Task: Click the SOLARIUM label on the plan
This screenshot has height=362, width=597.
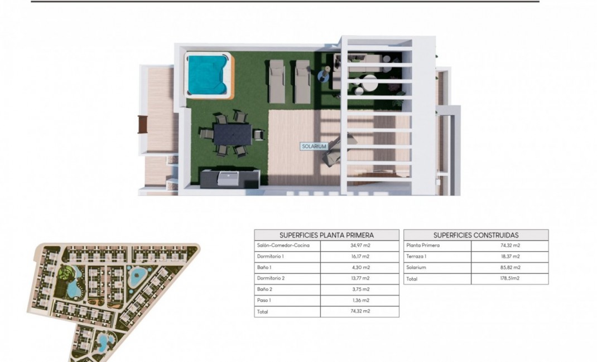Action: (314, 146)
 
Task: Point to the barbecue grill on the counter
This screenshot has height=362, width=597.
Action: (229, 178)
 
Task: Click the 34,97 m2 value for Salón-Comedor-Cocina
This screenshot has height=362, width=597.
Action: (359, 246)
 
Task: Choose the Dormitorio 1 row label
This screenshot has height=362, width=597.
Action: (271, 257)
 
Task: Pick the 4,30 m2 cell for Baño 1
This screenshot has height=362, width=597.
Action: (359, 267)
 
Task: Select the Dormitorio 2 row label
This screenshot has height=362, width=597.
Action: (272, 278)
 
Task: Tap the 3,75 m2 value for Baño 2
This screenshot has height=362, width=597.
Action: (359, 290)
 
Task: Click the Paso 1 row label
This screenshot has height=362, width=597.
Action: (264, 301)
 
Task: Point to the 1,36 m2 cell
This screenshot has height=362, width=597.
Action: (359, 301)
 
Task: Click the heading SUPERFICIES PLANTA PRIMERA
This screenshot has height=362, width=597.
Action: (326, 235)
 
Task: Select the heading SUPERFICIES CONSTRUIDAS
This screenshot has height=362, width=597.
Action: (476, 235)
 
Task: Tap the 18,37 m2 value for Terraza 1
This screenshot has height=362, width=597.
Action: (509, 257)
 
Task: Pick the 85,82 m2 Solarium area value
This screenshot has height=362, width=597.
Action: (509, 267)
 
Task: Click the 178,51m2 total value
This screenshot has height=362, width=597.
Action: (509, 278)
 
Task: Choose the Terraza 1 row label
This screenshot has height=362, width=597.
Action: (418, 257)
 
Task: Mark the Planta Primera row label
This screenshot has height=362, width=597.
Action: (423, 246)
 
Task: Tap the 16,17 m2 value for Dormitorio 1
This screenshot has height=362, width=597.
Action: (359, 257)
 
